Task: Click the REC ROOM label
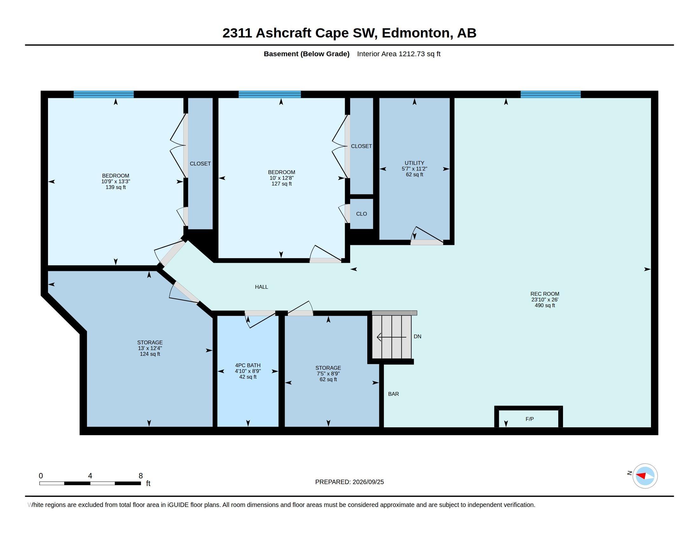click(545, 294)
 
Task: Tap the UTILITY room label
click(414, 163)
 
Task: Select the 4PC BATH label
click(248, 365)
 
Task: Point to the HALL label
click(261, 287)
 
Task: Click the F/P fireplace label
click(529, 419)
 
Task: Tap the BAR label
click(393, 394)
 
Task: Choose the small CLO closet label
click(361, 214)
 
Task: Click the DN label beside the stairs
click(417, 336)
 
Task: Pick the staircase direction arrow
click(391, 337)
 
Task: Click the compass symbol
click(645, 476)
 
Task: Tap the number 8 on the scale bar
click(140, 476)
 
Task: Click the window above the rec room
click(551, 94)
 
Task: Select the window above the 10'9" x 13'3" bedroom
click(104, 94)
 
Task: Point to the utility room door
click(427, 242)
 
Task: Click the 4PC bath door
click(260, 313)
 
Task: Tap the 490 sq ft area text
click(545, 306)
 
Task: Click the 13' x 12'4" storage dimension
click(150, 348)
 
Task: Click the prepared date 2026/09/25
click(368, 482)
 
